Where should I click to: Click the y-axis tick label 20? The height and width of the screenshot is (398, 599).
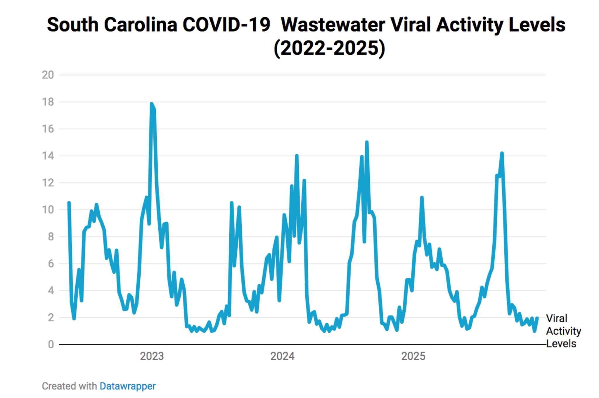(x=48, y=75)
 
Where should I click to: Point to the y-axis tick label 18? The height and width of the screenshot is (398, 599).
(x=48, y=102)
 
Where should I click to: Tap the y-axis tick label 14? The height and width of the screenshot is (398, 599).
(x=48, y=156)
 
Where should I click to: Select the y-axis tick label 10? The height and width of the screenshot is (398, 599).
(x=48, y=210)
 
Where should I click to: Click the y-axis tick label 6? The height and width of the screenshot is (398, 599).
(x=51, y=264)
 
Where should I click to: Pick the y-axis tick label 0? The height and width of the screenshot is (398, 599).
(x=51, y=345)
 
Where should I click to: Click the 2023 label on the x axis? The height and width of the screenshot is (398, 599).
(x=152, y=356)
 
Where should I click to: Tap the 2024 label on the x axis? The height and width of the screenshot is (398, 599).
(x=282, y=356)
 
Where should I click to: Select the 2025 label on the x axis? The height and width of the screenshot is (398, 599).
(x=413, y=356)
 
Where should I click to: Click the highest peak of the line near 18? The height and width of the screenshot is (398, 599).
(x=151, y=103)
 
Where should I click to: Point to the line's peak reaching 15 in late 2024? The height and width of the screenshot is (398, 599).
(x=367, y=142)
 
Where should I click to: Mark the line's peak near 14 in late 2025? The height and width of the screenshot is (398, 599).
(x=502, y=153)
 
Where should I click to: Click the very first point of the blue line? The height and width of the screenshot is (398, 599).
(x=69, y=203)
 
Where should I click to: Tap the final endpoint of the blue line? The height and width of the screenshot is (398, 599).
(x=537, y=318)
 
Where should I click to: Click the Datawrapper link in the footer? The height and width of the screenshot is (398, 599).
(x=127, y=386)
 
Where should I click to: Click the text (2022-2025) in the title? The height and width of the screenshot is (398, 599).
(x=329, y=48)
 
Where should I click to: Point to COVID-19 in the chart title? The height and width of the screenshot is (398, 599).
(x=226, y=25)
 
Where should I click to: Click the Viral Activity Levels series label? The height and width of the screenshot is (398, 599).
(x=563, y=331)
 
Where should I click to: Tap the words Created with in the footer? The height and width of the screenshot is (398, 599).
(x=69, y=386)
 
